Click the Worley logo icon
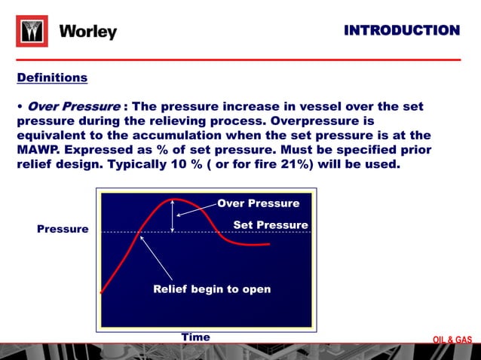[32, 32]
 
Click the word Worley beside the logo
[87, 32]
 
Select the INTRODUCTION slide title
[401, 30]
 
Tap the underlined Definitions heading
[52, 78]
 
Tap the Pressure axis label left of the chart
[63, 229]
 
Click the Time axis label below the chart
[195, 337]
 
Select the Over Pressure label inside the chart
[258, 203]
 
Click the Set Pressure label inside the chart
[271, 225]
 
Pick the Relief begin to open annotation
[212, 289]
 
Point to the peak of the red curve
[174, 200]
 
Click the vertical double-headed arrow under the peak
[174, 217]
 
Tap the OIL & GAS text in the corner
[452, 340]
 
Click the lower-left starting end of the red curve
[103, 292]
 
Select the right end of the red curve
[268, 244]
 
